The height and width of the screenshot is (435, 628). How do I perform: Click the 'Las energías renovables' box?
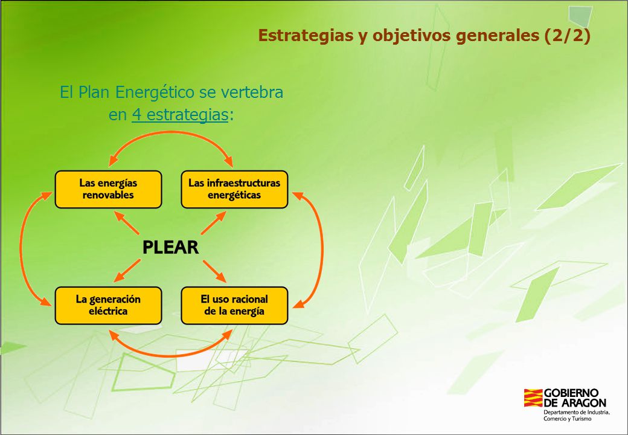click(108, 190)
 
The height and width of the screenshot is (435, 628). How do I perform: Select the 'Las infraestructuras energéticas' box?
click(234, 190)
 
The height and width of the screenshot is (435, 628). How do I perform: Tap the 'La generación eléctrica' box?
click(108, 306)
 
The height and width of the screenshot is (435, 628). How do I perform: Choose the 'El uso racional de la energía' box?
click(234, 306)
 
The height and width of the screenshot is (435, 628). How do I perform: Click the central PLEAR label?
click(171, 247)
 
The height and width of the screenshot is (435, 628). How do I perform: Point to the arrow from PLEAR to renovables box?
click(127, 223)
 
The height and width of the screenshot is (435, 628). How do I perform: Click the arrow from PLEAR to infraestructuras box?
click(214, 223)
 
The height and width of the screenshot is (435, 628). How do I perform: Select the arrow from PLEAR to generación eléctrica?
click(127, 271)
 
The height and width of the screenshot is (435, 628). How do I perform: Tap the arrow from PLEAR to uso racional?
click(214, 271)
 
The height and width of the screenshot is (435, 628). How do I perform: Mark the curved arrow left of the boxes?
click(21, 248)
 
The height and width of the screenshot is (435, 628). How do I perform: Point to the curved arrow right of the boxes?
click(322, 248)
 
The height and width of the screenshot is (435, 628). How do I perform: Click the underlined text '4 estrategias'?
click(180, 115)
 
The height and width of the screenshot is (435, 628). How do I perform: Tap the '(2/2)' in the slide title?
click(567, 35)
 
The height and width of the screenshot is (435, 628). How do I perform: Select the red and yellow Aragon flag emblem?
click(533, 398)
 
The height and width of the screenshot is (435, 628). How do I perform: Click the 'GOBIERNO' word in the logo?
click(571, 393)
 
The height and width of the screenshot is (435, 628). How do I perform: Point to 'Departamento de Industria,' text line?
click(576, 412)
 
